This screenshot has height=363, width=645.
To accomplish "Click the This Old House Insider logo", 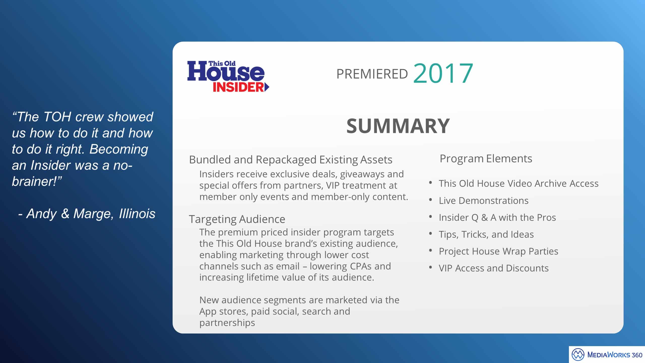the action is tap(228, 76).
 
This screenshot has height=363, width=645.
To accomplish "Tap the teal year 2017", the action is tap(443, 73).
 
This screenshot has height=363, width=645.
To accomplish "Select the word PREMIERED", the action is tap(372, 74).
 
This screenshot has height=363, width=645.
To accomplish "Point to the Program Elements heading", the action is tap(486, 159).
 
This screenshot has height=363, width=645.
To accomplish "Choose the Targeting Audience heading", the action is tap(237, 219).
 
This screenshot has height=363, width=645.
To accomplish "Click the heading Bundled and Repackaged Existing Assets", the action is tap(291, 160).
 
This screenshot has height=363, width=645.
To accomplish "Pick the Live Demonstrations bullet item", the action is tap(484, 201).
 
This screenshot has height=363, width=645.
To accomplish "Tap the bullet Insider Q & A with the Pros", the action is tap(497, 218).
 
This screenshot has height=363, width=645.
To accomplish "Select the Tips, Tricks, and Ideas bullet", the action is tap(486, 234).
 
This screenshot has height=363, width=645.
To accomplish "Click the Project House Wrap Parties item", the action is tap(499, 251).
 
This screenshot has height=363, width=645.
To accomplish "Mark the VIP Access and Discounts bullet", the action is tap(494, 268).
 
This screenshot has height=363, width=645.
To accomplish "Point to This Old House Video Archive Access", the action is tap(519, 184).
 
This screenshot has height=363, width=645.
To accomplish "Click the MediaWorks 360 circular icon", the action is tap(578, 355).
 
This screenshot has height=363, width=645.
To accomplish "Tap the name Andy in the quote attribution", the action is tap(42, 214).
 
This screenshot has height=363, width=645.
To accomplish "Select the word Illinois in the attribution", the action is tap(137, 214).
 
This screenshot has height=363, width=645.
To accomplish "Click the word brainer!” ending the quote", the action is tap(37, 181).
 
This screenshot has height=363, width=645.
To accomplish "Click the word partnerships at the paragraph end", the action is tap(227, 323).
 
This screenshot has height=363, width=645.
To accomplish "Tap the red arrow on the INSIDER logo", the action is tap(267, 87).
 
